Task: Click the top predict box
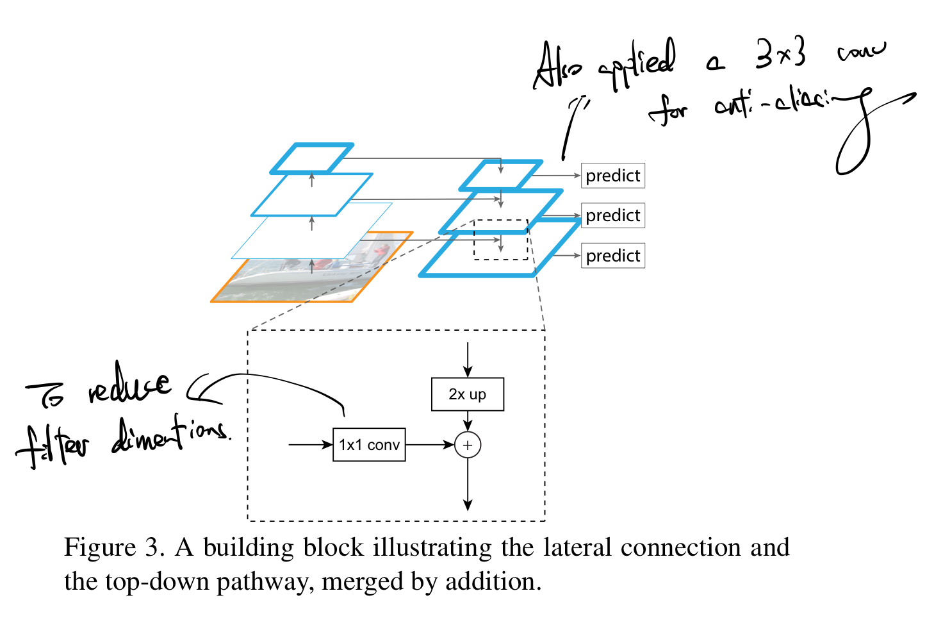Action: click(x=612, y=176)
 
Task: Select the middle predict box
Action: click(x=612, y=215)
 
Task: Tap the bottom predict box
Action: click(x=612, y=256)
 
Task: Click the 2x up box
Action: click(x=468, y=394)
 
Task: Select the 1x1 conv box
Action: click(x=369, y=445)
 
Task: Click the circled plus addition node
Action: click(x=468, y=445)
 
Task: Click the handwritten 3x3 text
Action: click(x=780, y=54)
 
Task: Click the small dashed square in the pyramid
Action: click(x=500, y=240)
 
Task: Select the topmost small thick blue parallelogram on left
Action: click(x=312, y=158)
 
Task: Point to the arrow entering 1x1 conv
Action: click(x=311, y=445)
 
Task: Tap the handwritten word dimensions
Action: click(x=170, y=436)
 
